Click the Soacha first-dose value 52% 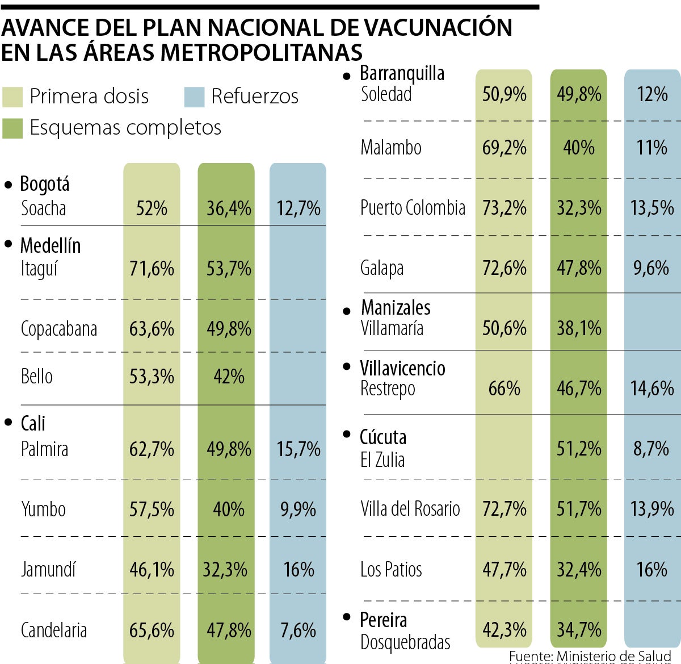coord(152,208)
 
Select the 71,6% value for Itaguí coord(152,268)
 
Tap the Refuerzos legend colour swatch coord(194,97)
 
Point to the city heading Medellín coord(50,245)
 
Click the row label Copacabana coord(58,329)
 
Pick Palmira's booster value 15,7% coord(299,449)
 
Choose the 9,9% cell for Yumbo coord(299,509)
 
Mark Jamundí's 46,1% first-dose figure coord(152,569)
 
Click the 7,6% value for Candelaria coord(299,630)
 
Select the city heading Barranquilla coord(402,73)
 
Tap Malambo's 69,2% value coord(504,148)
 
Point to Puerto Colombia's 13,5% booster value coord(652,208)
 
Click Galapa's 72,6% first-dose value coord(504,268)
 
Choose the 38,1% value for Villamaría coord(579,328)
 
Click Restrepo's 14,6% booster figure coord(652,389)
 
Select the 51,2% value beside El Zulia coord(579,449)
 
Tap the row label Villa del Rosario coord(410,508)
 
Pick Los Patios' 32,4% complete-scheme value coord(579,569)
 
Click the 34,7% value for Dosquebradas coord(579,629)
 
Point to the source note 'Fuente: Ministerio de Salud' coord(590,657)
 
